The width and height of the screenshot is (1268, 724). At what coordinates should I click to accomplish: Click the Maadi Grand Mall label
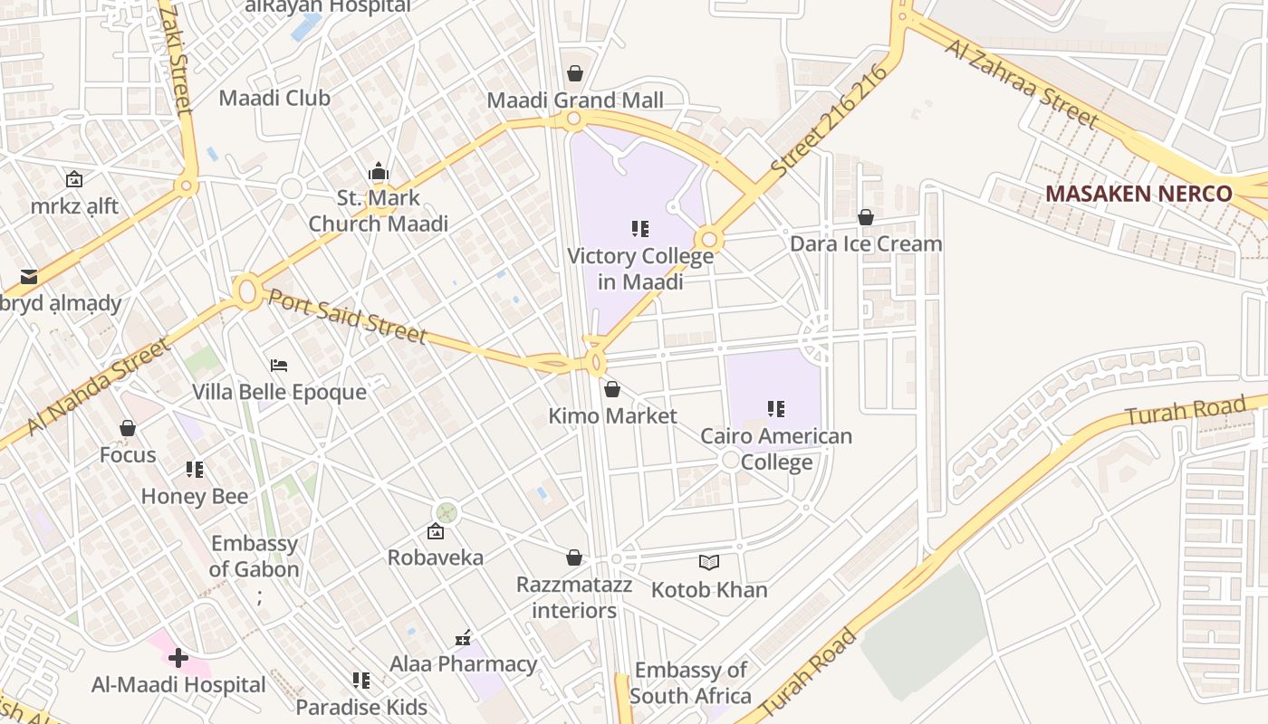tap(575, 100)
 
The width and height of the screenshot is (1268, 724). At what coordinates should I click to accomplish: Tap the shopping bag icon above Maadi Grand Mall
tap(575, 73)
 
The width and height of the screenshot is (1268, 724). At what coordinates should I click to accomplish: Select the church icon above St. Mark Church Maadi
tap(379, 171)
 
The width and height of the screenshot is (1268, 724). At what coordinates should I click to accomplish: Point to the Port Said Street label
tap(347, 316)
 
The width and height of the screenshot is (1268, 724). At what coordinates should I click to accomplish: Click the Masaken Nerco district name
tap(1138, 194)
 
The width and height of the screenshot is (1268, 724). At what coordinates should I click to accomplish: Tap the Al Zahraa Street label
tap(1021, 82)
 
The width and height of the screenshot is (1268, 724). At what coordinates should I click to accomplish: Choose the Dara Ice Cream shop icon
tap(866, 217)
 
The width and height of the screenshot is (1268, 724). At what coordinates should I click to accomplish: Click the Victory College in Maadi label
tap(640, 269)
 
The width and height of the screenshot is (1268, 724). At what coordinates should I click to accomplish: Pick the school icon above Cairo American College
tap(776, 409)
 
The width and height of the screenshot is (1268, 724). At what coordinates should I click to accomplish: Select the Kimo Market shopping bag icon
tap(612, 389)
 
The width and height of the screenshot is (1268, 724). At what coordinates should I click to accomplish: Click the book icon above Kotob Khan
tap(709, 563)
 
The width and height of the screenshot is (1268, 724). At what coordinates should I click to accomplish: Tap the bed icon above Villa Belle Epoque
tap(279, 366)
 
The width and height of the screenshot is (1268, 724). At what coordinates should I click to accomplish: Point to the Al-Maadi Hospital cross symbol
tap(178, 658)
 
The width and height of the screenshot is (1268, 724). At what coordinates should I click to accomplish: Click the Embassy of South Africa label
tap(690, 683)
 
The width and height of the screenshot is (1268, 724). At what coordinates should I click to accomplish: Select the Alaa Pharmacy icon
tap(463, 638)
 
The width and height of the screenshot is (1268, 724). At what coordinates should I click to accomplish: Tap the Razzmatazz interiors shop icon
tap(573, 557)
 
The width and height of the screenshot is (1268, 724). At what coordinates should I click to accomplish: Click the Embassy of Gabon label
tap(254, 557)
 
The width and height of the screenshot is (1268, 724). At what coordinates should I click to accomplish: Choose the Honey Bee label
tap(195, 496)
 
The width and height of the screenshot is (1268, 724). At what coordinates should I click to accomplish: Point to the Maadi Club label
tap(274, 98)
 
